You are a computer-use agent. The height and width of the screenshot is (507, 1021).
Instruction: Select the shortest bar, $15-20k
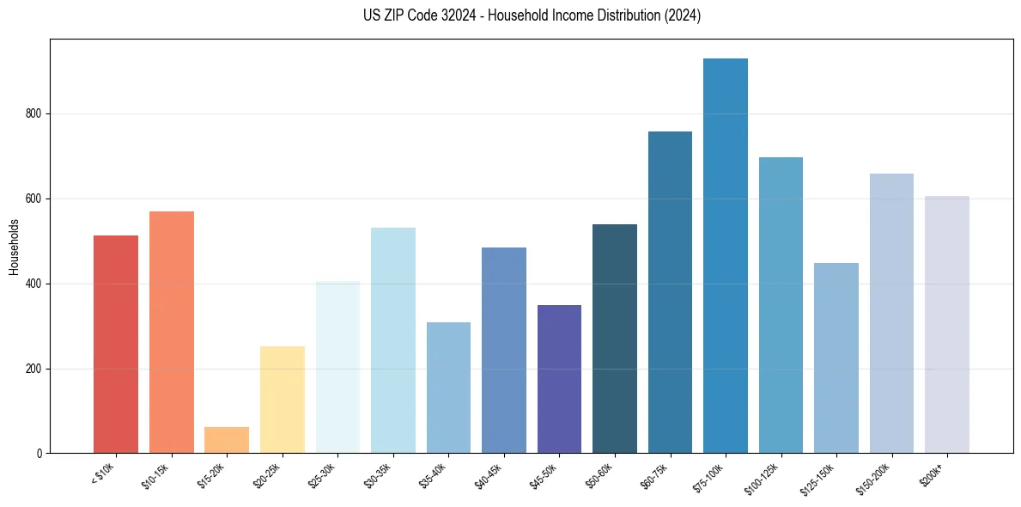[x=227, y=440]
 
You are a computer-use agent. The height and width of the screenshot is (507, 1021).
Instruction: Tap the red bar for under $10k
[x=116, y=344]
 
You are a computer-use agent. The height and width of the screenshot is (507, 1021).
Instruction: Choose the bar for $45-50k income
[x=559, y=379]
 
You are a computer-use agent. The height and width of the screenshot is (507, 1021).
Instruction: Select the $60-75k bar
[x=670, y=292]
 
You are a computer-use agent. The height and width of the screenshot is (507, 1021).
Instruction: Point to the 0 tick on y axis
[x=40, y=454]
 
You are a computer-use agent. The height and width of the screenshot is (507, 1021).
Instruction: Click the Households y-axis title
[x=15, y=247]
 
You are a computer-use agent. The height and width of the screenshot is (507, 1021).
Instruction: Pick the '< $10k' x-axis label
[x=104, y=473]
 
